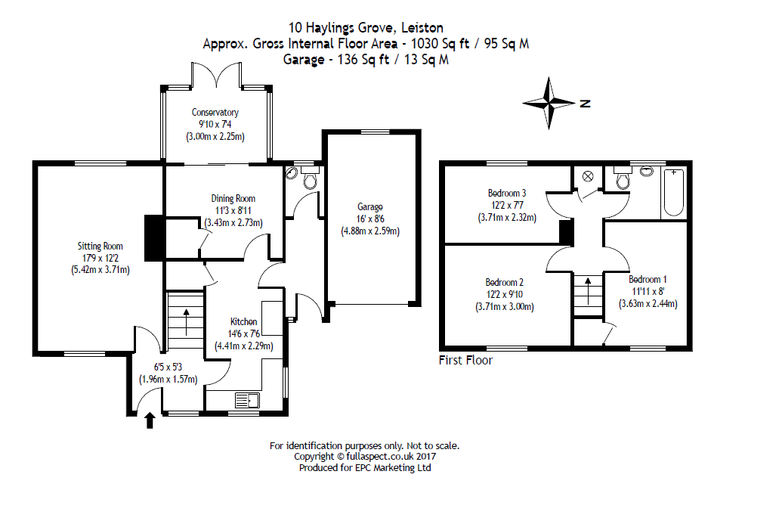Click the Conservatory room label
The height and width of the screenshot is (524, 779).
coord(215,113)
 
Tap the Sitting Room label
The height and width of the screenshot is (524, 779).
coord(100,246)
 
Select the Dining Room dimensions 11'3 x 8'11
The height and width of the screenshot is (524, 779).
coord(233,210)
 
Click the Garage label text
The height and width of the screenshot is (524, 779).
coord(370,207)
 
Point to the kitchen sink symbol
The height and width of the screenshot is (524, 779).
coord(247,400)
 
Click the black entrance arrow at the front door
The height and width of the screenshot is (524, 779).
coord(150,420)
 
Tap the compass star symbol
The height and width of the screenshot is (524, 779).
coord(549,104)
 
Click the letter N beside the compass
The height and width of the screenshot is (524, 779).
coord(586,104)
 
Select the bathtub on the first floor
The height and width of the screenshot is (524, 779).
coord(674,192)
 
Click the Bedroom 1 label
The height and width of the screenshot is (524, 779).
coord(648,280)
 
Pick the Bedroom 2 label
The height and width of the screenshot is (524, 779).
coord(504,282)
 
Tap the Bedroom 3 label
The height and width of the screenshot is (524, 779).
coord(507,193)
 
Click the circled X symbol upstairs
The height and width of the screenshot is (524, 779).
coord(588,176)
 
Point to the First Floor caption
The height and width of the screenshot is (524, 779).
coord(465,361)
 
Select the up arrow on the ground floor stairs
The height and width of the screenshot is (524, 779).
coord(187,322)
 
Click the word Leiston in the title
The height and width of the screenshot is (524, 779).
coord(422,28)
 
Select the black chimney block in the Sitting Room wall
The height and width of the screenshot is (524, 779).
coord(154,238)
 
